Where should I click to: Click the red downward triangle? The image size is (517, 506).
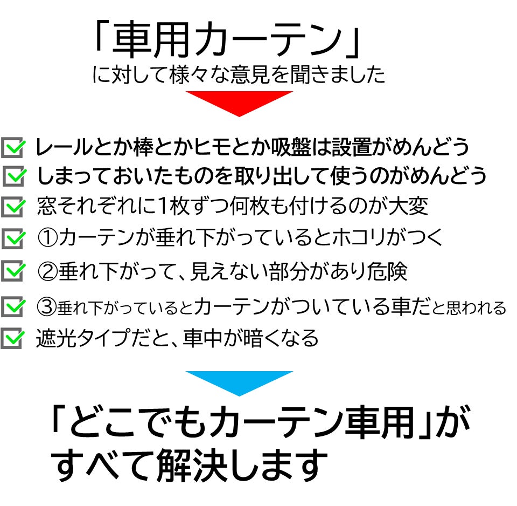point(239,101)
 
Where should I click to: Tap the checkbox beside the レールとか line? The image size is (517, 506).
point(13,147)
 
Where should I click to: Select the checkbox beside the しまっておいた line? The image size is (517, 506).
point(14,176)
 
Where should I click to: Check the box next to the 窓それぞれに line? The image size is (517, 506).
point(13,207)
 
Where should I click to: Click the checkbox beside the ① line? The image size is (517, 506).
point(13,238)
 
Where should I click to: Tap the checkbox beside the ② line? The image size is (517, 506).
point(13,271)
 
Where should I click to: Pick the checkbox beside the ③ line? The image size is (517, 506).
point(13,306)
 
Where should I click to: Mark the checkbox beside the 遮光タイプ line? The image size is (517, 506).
point(12,338)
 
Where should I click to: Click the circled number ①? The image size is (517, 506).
point(48,238)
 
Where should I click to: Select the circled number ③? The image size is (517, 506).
point(47,307)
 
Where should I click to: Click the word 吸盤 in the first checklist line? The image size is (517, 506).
point(291,147)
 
